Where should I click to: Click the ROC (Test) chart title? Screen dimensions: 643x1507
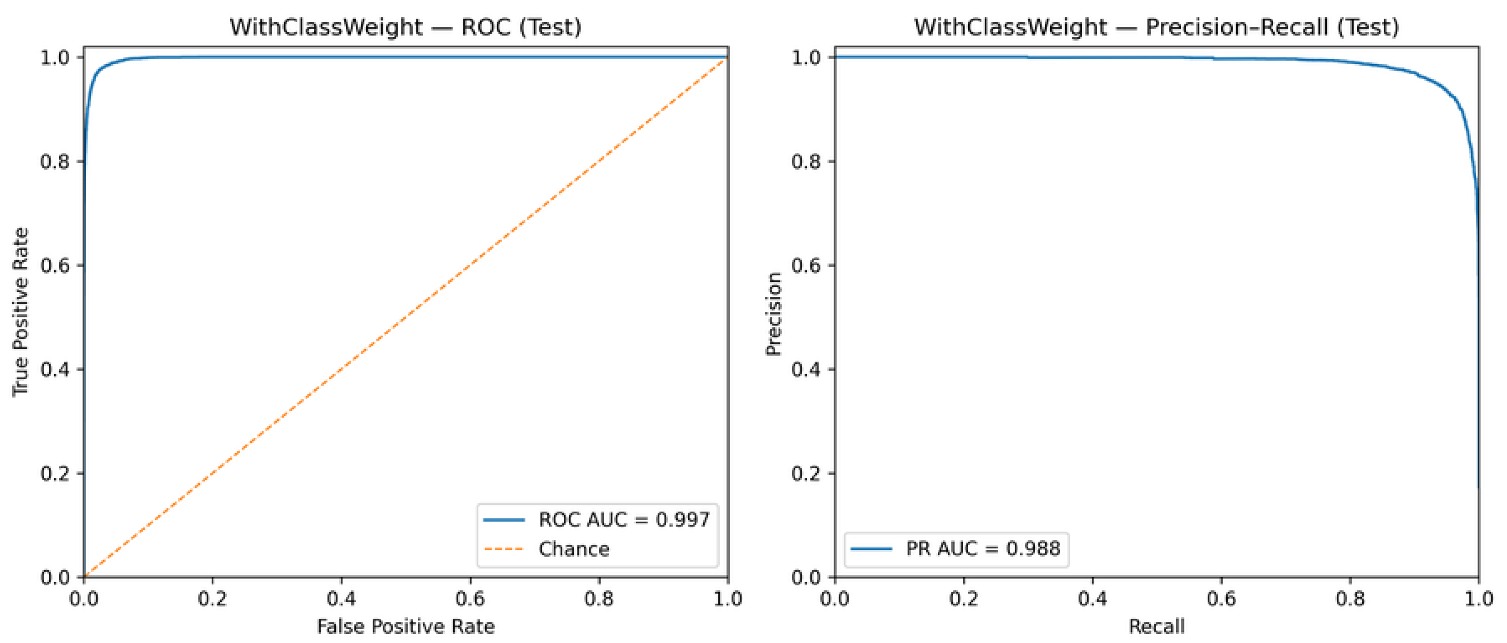coord(405,27)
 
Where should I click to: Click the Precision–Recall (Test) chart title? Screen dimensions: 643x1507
coord(1156,27)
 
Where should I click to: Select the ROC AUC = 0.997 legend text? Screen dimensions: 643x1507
coord(624,519)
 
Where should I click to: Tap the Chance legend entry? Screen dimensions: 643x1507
coord(573,549)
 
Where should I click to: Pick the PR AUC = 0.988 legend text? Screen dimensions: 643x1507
coord(983,548)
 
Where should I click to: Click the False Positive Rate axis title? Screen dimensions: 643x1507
coord(405,626)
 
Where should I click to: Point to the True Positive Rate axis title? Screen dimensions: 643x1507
coord(20,311)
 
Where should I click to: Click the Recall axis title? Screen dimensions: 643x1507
coord(1156,626)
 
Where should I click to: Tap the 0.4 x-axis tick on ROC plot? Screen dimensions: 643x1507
coord(341,598)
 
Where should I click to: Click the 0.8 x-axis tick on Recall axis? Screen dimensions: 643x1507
coord(1350,598)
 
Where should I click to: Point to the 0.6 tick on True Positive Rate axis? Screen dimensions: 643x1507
coord(55,266)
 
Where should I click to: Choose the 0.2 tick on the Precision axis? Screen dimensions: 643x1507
coord(805,473)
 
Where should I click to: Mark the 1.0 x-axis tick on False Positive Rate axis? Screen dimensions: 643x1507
coord(727,598)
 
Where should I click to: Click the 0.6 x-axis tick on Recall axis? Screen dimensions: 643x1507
coord(1221,598)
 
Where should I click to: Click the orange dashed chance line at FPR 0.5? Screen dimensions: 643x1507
coord(405,317)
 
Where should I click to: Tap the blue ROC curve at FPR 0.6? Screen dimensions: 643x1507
coord(470,57)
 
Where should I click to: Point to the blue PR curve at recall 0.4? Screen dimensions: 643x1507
coord(1092,57)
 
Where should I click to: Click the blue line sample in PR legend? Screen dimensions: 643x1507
coord(871,548)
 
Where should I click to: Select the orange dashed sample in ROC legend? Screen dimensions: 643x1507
coord(504,549)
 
